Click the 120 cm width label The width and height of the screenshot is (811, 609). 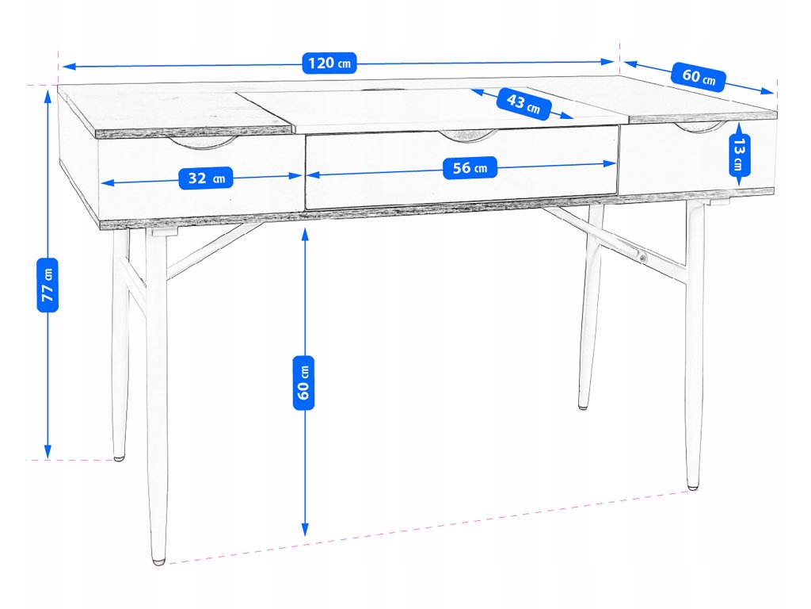point(329,63)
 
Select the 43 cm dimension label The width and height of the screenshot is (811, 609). point(523,104)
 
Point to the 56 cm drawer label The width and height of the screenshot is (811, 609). point(470,167)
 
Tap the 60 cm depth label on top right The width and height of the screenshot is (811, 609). point(698,77)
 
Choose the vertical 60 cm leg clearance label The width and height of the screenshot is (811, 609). point(304,381)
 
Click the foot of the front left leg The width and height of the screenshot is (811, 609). point(159,560)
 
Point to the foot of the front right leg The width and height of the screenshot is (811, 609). point(693,485)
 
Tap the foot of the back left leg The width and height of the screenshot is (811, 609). point(119,457)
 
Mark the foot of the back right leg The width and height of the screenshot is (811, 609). point(583,406)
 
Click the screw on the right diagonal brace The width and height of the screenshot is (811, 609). point(642,257)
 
